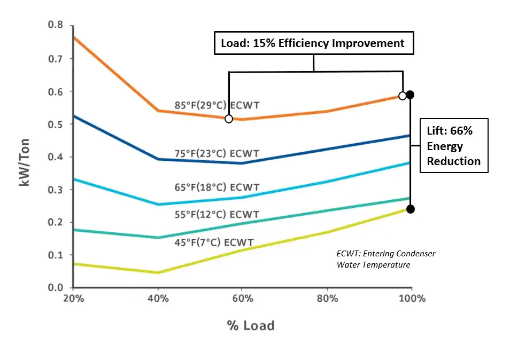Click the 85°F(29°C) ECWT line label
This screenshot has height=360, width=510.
[x=217, y=105]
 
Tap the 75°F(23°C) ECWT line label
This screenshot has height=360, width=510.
[x=217, y=154]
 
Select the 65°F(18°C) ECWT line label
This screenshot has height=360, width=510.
[x=217, y=187]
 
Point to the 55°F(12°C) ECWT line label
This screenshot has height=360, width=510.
[x=217, y=214]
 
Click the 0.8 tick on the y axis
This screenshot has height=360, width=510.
[x=55, y=25]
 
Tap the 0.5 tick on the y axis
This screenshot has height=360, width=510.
[x=55, y=124]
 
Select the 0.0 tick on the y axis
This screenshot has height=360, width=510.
[x=55, y=288]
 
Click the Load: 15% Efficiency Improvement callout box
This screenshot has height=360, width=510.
[x=314, y=43]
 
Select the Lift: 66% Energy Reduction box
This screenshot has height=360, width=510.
[x=454, y=145]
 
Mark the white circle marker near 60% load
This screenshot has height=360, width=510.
[x=229, y=119]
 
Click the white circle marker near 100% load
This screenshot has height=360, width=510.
[x=403, y=96]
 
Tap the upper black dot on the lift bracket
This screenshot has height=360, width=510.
[x=410, y=95]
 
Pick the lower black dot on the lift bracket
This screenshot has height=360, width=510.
[x=410, y=209]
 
